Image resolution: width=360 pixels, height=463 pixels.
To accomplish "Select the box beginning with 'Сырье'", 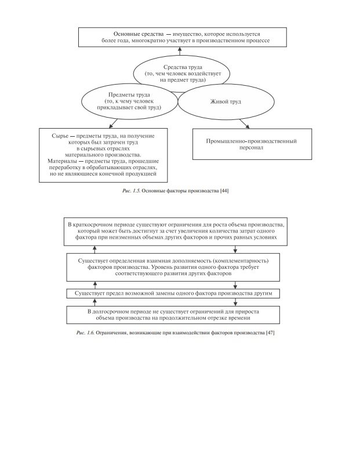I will coord(105,154).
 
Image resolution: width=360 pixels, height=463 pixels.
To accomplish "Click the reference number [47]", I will coord(270,333).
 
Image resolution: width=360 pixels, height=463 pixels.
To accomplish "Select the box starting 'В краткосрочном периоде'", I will coord(180,230).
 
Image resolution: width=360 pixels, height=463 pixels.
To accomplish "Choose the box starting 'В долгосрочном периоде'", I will coord(180,315).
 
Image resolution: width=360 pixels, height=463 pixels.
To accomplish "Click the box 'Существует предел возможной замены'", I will coord(180,293).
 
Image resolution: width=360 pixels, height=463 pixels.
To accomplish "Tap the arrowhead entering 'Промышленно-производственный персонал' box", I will coord(248,126).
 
